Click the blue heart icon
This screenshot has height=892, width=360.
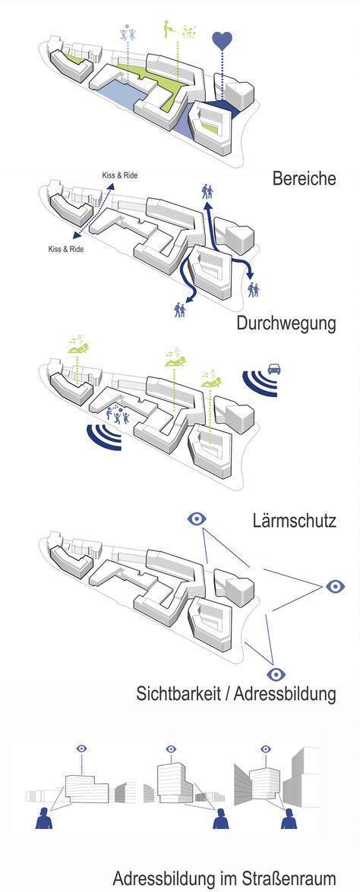click(222, 40)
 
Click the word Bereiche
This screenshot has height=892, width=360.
click(304, 178)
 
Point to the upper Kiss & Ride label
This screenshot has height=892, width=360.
click(120, 176)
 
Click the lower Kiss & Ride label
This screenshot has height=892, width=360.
click(65, 249)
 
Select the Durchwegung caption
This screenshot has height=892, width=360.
click(286, 323)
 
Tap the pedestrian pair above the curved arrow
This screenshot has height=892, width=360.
click(207, 191)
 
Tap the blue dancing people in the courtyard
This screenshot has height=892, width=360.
click(118, 415)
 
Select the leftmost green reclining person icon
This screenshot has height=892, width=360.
click(78, 347)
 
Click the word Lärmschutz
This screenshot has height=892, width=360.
click(294, 522)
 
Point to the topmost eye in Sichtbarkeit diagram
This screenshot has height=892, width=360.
click(197, 518)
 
